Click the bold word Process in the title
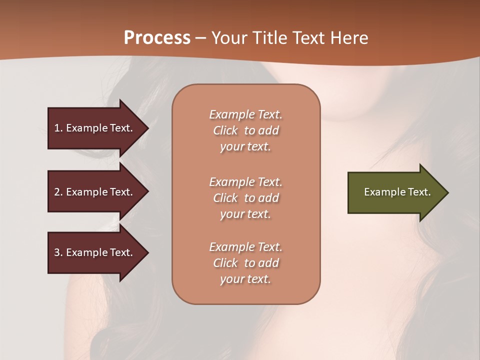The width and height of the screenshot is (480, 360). tap(157, 38)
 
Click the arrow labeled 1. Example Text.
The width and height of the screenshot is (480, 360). tap(95, 128)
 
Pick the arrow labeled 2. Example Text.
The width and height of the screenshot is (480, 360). tap(95, 192)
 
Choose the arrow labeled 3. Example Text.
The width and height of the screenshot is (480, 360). tap(95, 252)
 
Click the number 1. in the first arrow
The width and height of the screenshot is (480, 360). tap(58, 128)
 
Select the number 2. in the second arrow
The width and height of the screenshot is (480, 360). tap(58, 192)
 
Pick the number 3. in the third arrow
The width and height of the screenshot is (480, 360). tap(58, 252)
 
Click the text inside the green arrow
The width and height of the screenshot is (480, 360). tap(397, 192)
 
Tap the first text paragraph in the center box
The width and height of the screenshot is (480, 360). tap(245, 130)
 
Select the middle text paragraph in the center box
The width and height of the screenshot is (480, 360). tap(245, 198)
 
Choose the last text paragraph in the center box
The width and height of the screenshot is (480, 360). tap(245, 263)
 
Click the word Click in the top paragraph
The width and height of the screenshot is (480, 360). tap(225, 130)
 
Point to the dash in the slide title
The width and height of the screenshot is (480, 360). tap(201, 38)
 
